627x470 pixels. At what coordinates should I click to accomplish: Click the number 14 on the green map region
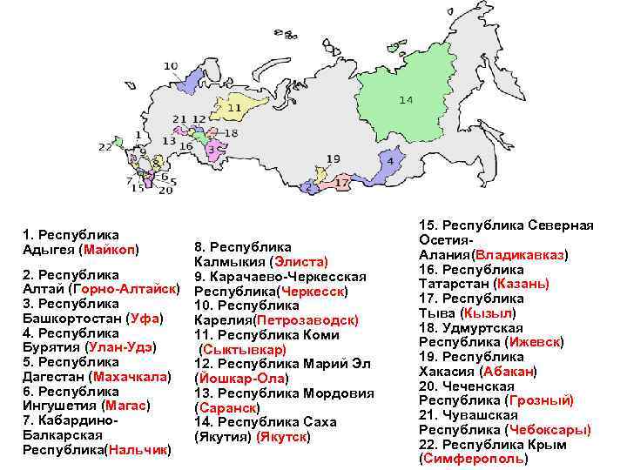coord(406,100)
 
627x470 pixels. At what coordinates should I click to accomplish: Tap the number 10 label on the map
coord(171,66)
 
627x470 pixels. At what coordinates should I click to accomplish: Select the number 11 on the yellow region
coord(234,108)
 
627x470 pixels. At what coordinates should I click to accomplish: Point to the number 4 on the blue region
coord(390,161)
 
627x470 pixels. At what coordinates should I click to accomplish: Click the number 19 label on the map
coord(334,158)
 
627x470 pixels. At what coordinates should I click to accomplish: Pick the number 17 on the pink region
coord(342,184)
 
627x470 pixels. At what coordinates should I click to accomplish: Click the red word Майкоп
coord(108,250)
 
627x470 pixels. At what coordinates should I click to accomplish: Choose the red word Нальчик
coord(138,450)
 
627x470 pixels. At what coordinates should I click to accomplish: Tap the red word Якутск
coord(282,435)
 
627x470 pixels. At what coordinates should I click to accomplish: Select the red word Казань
coord(521,284)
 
